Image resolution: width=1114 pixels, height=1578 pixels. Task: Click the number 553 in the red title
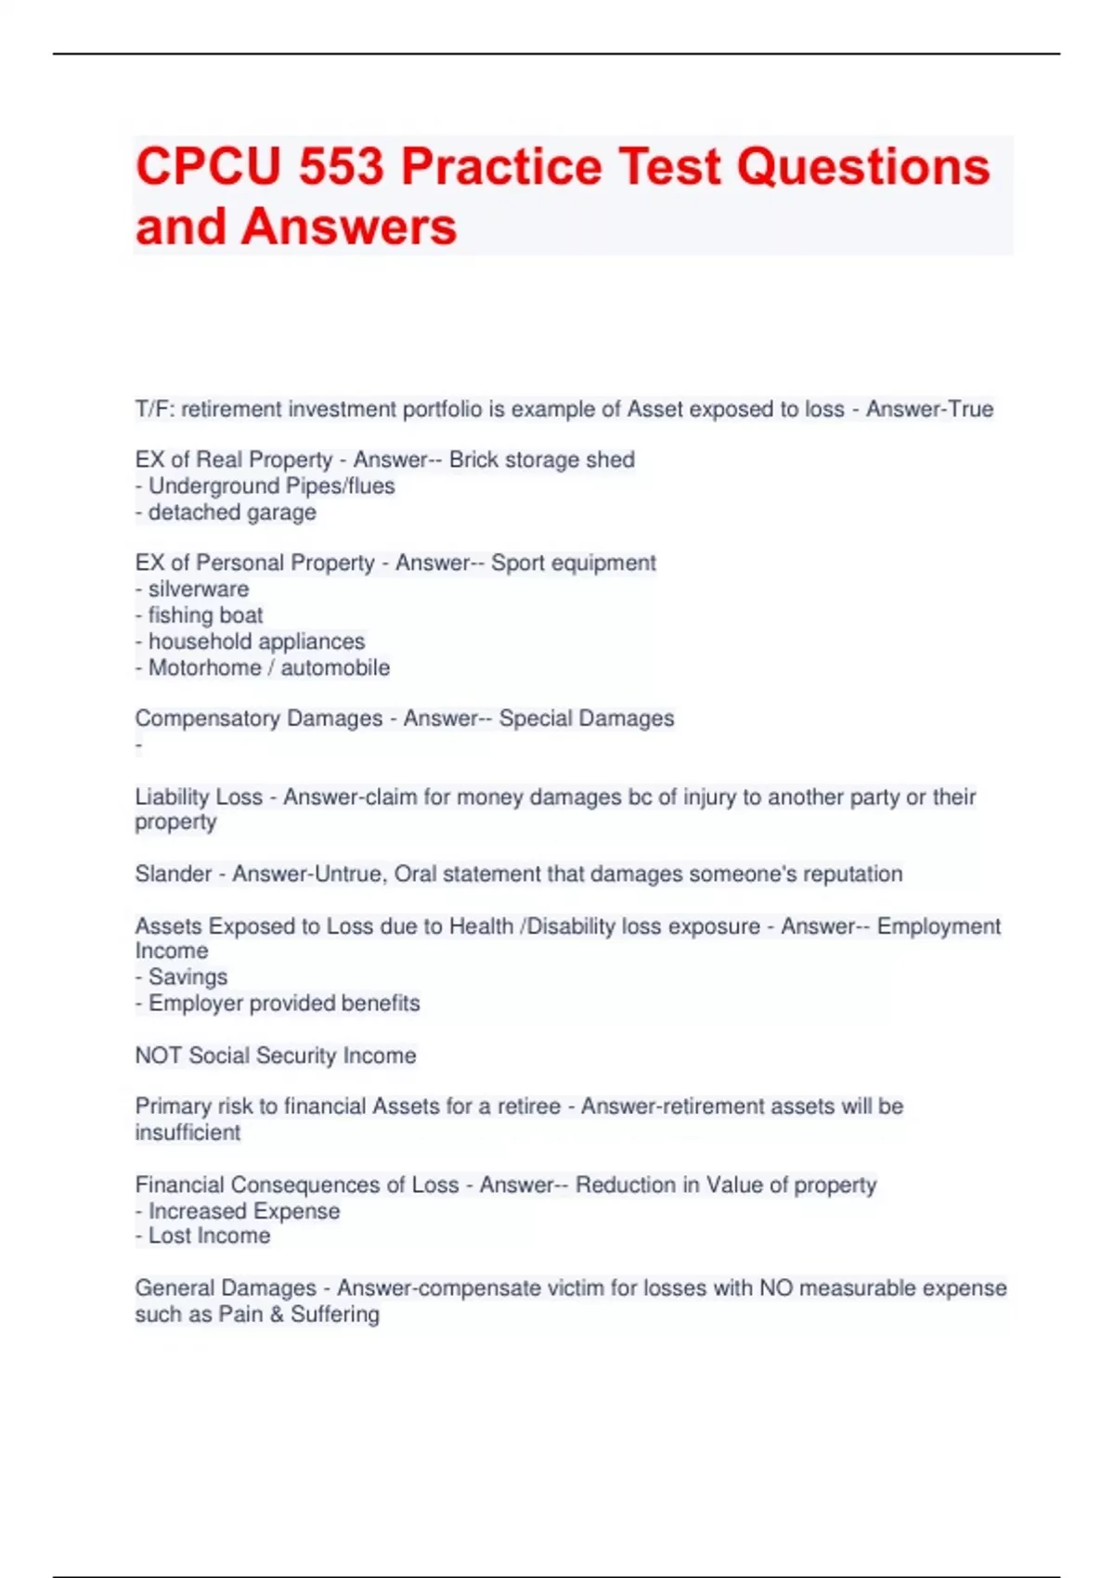[x=341, y=167]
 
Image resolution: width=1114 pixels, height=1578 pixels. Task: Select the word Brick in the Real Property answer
[x=475, y=460]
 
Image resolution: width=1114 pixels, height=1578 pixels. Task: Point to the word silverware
[x=199, y=589]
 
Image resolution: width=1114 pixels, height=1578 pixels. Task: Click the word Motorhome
[x=204, y=668]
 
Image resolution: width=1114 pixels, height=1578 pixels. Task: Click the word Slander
[x=174, y=874]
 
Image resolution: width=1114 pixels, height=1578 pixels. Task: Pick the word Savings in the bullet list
[x=188, y=977]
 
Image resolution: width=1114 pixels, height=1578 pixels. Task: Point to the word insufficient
[x=188, y=1133]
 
